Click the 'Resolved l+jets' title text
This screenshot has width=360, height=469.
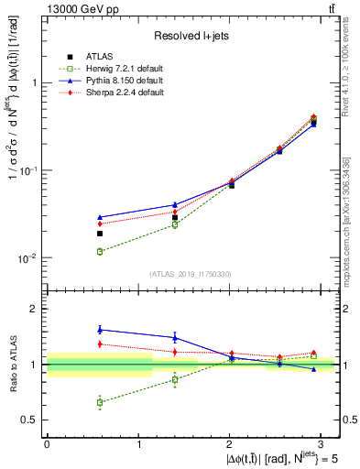click(x=192, y=36)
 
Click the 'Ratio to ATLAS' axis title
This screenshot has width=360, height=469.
click(x=11, y=364)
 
